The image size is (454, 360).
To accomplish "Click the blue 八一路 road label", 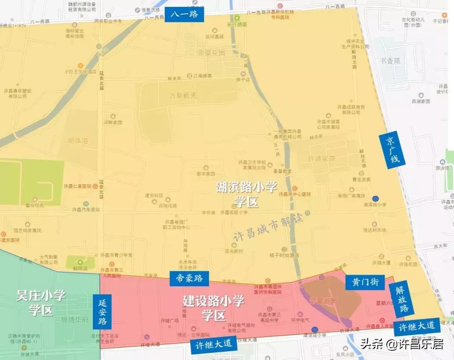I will [x=184, y=15].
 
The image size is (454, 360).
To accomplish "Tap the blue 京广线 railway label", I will [x=392, y=150].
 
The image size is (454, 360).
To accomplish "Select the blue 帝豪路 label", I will [x=189, y=278].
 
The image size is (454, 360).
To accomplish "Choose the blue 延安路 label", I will [x=103, y=311].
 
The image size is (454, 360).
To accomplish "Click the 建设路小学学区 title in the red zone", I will [x=214, y=308].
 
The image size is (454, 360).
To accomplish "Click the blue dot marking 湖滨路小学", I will [x=375, y=199].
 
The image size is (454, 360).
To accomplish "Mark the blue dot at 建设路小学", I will [x=314, y=329].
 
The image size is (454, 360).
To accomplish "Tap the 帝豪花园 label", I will [x=211, y=53].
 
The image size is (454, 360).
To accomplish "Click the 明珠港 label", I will [x=78, y=141].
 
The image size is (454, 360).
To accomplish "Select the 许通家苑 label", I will [x=322, y=159].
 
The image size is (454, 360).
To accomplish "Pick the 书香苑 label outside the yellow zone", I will [x=390, y=61].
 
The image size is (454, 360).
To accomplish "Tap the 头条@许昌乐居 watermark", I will [x=402, y=344].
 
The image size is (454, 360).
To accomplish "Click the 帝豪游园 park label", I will [x=323, y=301].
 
